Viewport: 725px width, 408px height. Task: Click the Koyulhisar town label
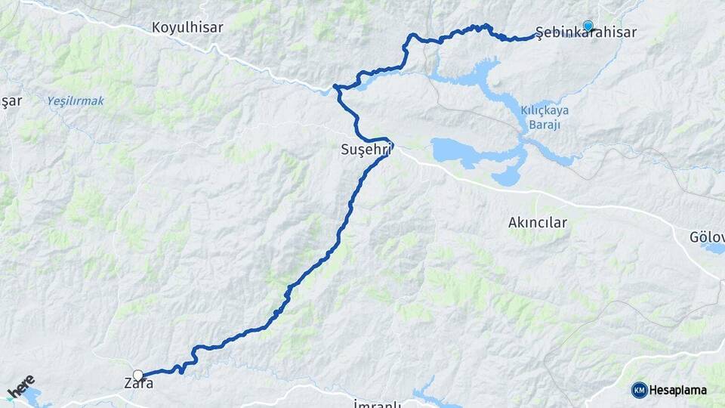coord(187,27)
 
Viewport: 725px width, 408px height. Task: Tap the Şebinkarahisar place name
coord(585,32)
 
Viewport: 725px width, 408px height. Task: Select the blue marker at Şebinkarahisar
coord(588,26)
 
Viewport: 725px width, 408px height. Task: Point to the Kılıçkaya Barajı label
coord(545,117)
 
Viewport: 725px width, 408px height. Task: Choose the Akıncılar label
coord(537,222)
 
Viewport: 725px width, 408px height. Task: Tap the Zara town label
coord(138,383)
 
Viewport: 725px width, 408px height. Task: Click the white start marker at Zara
coord(138,375)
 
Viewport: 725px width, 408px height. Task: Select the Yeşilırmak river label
coord(75,100)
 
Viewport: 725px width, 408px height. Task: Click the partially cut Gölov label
coord(707,236)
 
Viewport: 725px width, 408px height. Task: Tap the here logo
coord(20,387)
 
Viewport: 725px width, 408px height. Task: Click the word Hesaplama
coord(678,390)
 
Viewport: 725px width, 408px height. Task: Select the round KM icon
coord(639,390)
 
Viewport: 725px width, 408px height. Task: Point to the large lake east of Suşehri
coord(461,150)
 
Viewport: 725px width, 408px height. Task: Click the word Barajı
coord(545,124)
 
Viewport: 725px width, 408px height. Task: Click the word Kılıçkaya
coord(545,110)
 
